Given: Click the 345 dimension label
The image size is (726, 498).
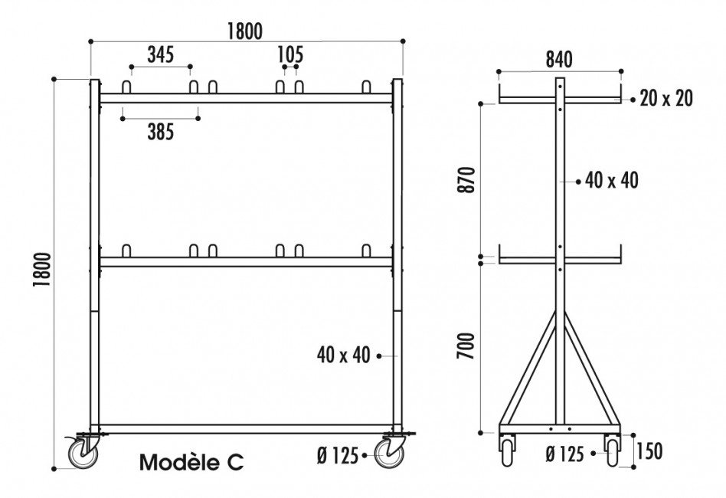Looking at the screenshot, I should point(161,55).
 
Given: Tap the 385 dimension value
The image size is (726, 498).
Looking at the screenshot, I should point(161,132).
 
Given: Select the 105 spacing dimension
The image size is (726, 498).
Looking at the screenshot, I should point(290,55).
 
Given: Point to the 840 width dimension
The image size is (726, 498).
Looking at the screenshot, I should point(560,60).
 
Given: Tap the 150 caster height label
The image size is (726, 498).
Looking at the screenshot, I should point(649,451).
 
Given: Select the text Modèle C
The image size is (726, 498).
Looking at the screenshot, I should point(192,462).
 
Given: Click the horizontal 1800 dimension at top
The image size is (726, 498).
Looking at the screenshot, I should point(245,31).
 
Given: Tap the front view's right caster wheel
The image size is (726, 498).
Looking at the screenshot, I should point(391,455).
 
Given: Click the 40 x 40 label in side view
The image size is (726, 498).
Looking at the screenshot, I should point(611,181).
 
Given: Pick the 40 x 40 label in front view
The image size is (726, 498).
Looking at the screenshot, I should point(343,355).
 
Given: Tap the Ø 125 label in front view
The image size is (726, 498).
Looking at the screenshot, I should point(337,456).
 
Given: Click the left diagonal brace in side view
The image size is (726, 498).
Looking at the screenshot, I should point(531,368).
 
